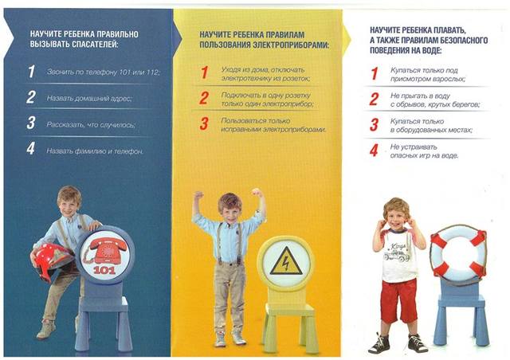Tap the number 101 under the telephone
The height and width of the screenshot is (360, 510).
coord(104,270)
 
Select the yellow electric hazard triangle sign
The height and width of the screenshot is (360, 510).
coord(286,261)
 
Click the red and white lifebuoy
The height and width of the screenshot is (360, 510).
coord(458,253)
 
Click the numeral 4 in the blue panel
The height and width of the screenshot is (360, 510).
coord(31,149)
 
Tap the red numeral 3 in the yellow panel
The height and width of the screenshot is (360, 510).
coord(204,124)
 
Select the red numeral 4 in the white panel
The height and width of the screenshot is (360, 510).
coord(374,151)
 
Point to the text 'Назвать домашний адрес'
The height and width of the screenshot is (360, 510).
coord(89,98)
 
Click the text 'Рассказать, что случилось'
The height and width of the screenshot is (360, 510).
coord(91,124)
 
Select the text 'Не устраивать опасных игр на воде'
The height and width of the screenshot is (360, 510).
coord(424,151)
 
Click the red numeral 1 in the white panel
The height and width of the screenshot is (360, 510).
coord(375,74)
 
